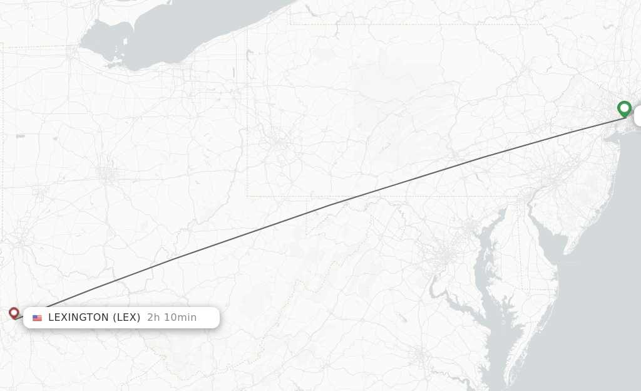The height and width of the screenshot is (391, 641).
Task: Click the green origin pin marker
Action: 624,108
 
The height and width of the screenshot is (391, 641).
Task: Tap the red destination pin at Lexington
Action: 14,312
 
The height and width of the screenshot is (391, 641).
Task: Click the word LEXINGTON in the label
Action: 78,318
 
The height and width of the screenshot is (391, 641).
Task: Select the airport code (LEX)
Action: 126,318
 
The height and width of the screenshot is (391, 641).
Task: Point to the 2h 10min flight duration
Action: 172,318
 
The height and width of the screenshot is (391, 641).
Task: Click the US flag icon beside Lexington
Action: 38,318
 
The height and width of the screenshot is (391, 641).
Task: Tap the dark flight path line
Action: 326,206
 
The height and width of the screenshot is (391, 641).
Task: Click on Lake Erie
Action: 207,25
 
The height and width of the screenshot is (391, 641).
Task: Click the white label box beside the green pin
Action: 637,116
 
